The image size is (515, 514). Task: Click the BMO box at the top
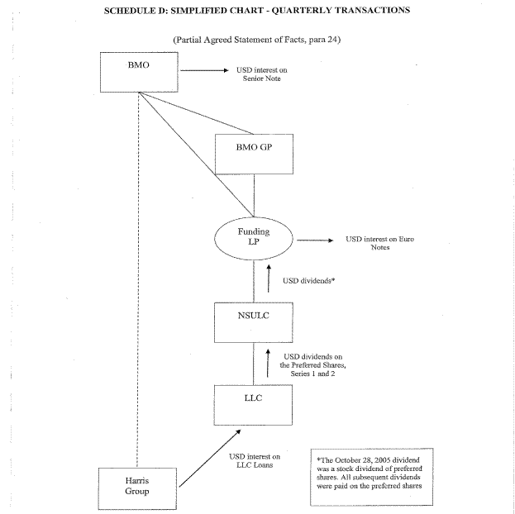(x=139, y=72)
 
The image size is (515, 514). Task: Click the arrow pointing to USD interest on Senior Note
(x=203, y=71)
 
